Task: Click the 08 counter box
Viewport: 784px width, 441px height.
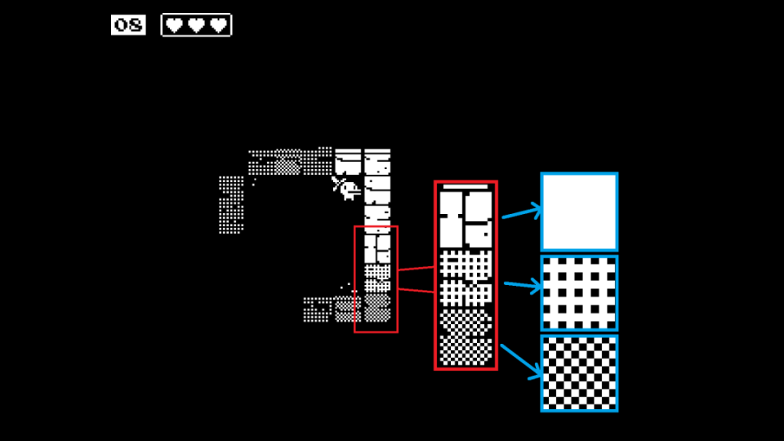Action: click(x=128, y=25)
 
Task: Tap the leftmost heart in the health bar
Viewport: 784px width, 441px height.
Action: click(x=174, y=25)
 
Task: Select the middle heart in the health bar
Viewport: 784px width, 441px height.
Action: click(x=196, y=25)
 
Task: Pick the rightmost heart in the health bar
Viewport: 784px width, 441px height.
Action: click(x=219, y=25)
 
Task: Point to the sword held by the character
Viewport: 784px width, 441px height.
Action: click(x=337, y=184)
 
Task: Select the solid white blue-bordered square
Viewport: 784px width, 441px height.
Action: click(x=579, y=212)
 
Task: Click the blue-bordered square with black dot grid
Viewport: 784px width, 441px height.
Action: click(x=579, y=293)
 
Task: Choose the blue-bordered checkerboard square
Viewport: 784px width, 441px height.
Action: click(x=579, y=373)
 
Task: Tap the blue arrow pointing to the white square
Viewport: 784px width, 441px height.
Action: click(x=522, y=212)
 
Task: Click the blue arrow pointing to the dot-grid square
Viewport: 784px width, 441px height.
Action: click(x=523, y=285)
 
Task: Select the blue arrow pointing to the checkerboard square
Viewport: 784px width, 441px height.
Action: click(x=521, y=361)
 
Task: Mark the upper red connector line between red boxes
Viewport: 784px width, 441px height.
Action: click(x=416, y=269)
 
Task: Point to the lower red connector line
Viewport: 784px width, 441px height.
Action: click(x=416, y=291)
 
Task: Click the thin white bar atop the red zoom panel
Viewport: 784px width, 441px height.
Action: click(x=465, y=186)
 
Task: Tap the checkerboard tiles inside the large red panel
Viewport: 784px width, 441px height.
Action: click(x=465, y=337)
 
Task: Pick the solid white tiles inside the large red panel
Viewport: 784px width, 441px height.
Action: click(x=465, y=220)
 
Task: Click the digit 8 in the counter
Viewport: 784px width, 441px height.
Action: click(x=135, y=25)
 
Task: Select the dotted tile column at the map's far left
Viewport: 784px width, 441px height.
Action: click(x=231, y=204)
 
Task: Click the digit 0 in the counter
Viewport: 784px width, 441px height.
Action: click(x=122, y=25)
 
